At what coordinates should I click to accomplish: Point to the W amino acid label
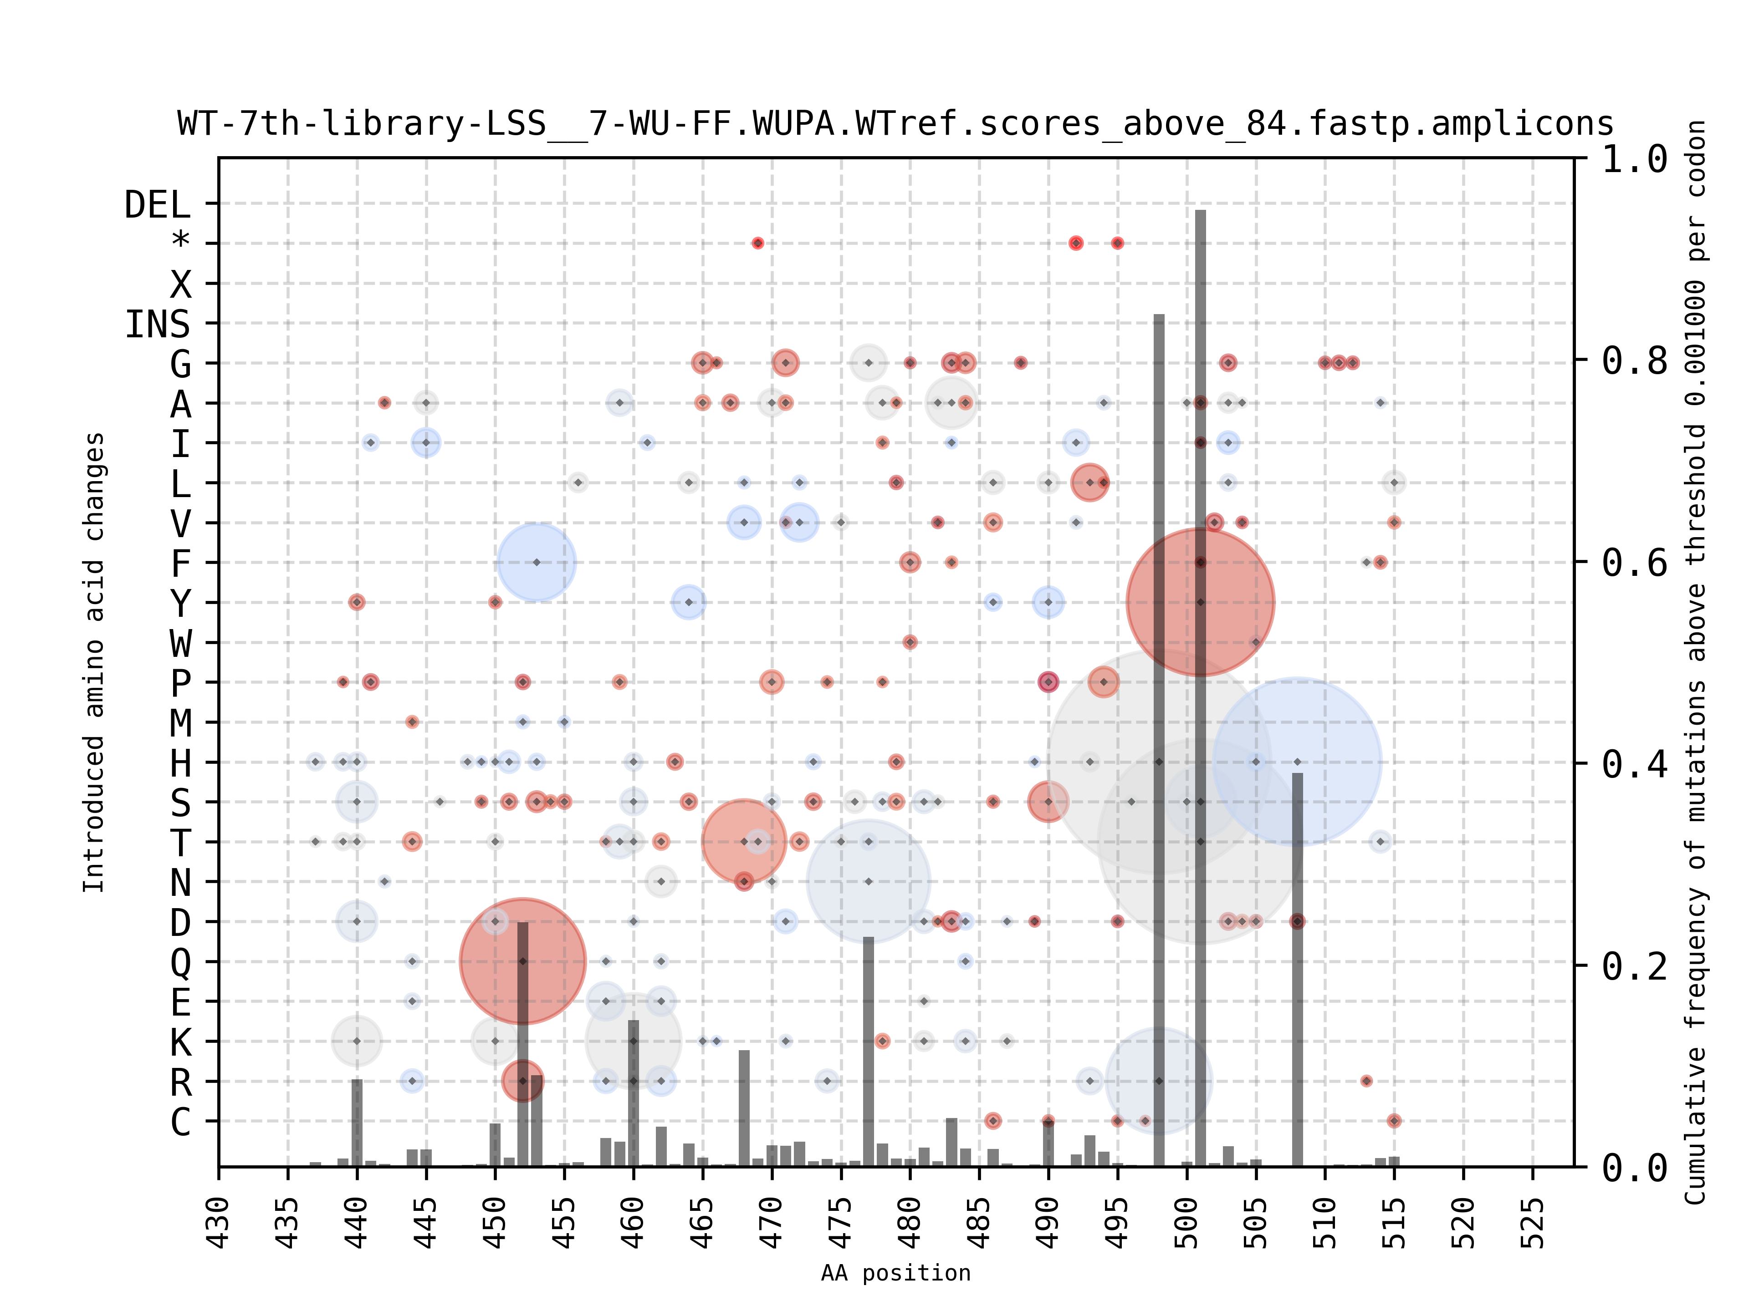click(181, 643)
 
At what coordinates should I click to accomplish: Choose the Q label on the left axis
click(181, 962)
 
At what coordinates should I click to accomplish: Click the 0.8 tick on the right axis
click(1634, 361)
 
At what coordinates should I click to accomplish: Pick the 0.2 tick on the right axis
click(1634, 965)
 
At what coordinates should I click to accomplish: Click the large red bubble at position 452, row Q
click(522, 961)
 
